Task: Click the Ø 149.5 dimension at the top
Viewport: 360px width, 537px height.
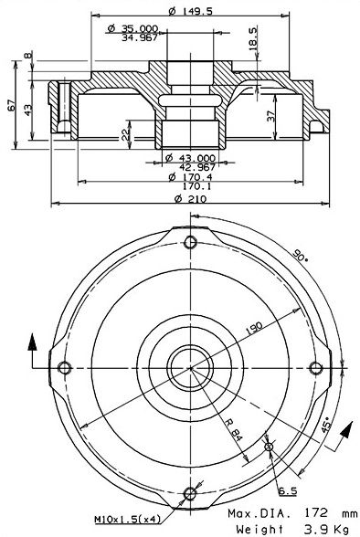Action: pyautogui.click(x=191, y=12)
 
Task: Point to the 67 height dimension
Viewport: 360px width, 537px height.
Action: pyautogui.click(x=10, y=106)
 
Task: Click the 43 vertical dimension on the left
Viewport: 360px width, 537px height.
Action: pyautogui.click(x=27, y=109)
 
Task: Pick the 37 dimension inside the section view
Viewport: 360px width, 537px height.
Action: pyautogui.click(x=271, y=115)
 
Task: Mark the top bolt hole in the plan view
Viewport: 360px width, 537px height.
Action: pyautogui.click(x=190, y=242)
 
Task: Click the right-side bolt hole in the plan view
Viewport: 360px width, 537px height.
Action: pyautogui.click(x=316, y=367)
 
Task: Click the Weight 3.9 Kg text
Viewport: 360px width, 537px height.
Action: pyautogui.click(x=291, y=528)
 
